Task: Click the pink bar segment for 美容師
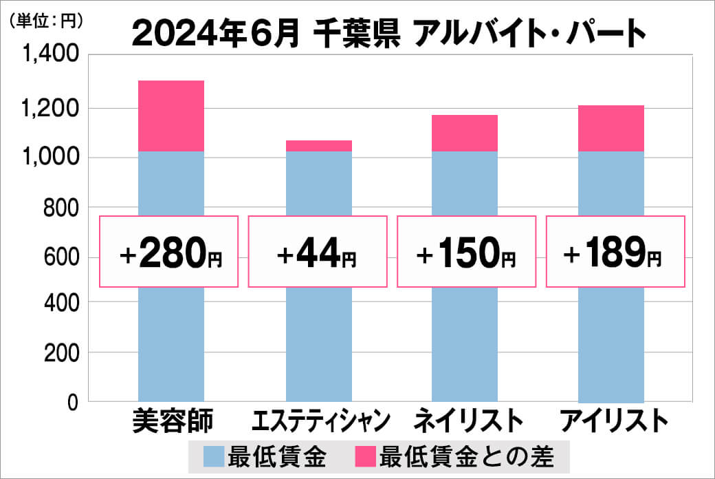171,116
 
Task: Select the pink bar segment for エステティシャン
318,145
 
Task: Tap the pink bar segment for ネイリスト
465,133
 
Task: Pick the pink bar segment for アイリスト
611,128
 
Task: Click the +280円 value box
169,252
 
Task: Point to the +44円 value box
317,252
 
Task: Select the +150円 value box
466,252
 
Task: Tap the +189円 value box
615,252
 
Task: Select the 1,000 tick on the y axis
51,158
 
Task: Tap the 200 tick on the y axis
62,353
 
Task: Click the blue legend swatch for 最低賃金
213,456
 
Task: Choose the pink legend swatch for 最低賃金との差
364,456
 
